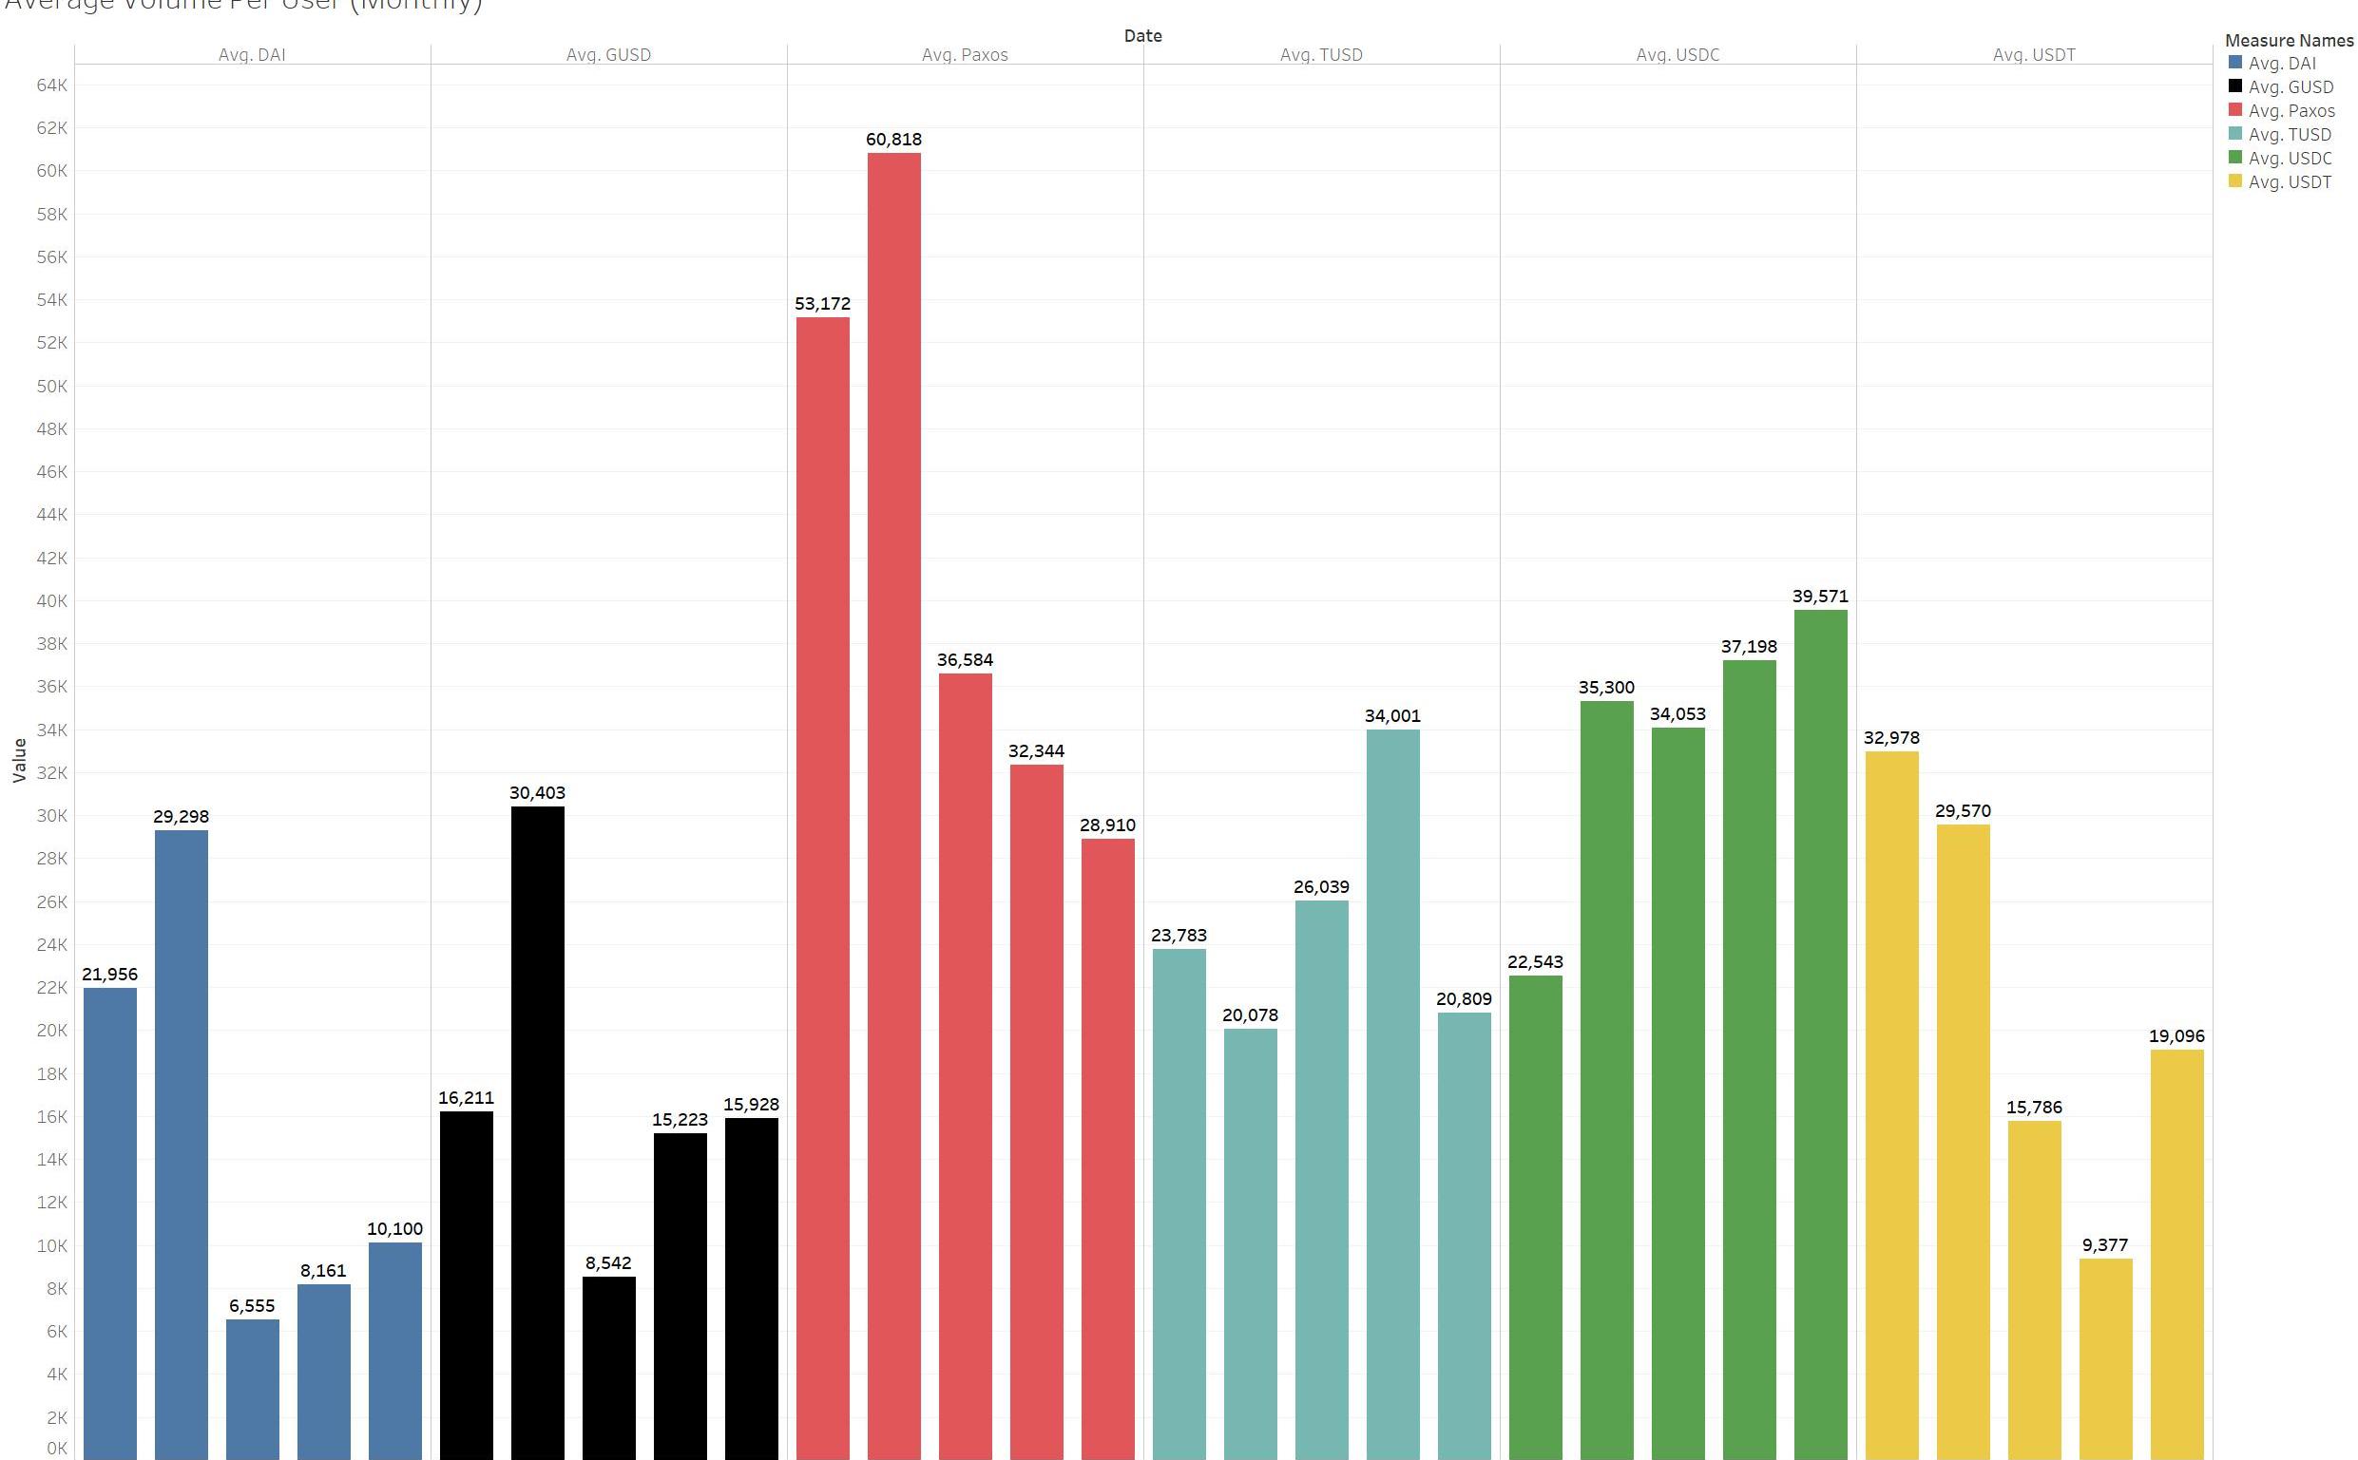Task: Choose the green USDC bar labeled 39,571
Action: pyautogui.click(x=1820, y=1033)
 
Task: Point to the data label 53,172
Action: pyautogui.click(x=822, y=303)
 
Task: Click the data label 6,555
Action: pyautogui.click(x=252, y=1305)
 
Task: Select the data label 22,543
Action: pyautogui.click(x=1535, y=961)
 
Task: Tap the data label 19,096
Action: pyautogui.click(x=2176, y=1036)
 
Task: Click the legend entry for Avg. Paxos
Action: pyautogui.click(x=2291, y=111)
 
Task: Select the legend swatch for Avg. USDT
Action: pyautogui.click(x=2234, y=181)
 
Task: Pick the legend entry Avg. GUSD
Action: pyautogui.click(x=2290, y=86)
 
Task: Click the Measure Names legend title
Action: pyautogui.click(x=2289, y=41)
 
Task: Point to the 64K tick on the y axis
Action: pyautogui.click(x=52, y=85)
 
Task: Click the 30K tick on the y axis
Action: pyautogui.click(x=52, y=815)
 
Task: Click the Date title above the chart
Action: pyautogui.click(x=1142, y=36)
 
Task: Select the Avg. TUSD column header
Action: pyautogui.click(x=1320, y=55)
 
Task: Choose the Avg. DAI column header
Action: pyautogui.click(x=252, y=55)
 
